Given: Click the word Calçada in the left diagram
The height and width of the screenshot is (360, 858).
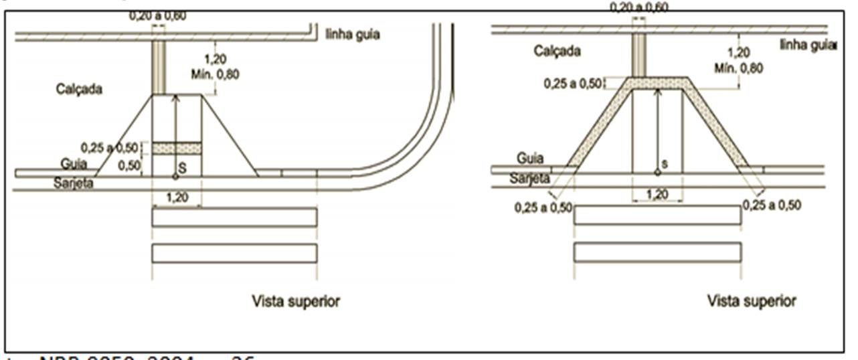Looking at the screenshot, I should tap(79, 89).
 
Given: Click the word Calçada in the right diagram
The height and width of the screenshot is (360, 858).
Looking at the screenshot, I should tap(557, 51).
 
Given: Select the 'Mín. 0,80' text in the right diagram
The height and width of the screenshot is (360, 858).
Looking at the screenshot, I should tap(738, 68).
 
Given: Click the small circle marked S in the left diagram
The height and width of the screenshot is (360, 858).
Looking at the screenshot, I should tap(175, 177).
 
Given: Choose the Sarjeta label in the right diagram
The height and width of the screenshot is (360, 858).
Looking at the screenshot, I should tap(529, 179).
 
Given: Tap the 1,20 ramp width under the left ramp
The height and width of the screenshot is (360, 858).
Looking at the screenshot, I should tap(176, 199).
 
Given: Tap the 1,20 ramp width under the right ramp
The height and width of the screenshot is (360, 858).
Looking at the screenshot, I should tap(657, 194).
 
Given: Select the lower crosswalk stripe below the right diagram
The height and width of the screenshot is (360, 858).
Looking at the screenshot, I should tap(657, 252).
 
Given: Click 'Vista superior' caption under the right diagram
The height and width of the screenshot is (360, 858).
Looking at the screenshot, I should tap(752, 301).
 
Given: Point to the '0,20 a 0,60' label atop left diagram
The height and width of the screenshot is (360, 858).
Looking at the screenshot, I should tap(158, 15).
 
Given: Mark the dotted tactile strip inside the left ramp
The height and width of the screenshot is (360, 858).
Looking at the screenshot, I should tap(177, 148).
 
